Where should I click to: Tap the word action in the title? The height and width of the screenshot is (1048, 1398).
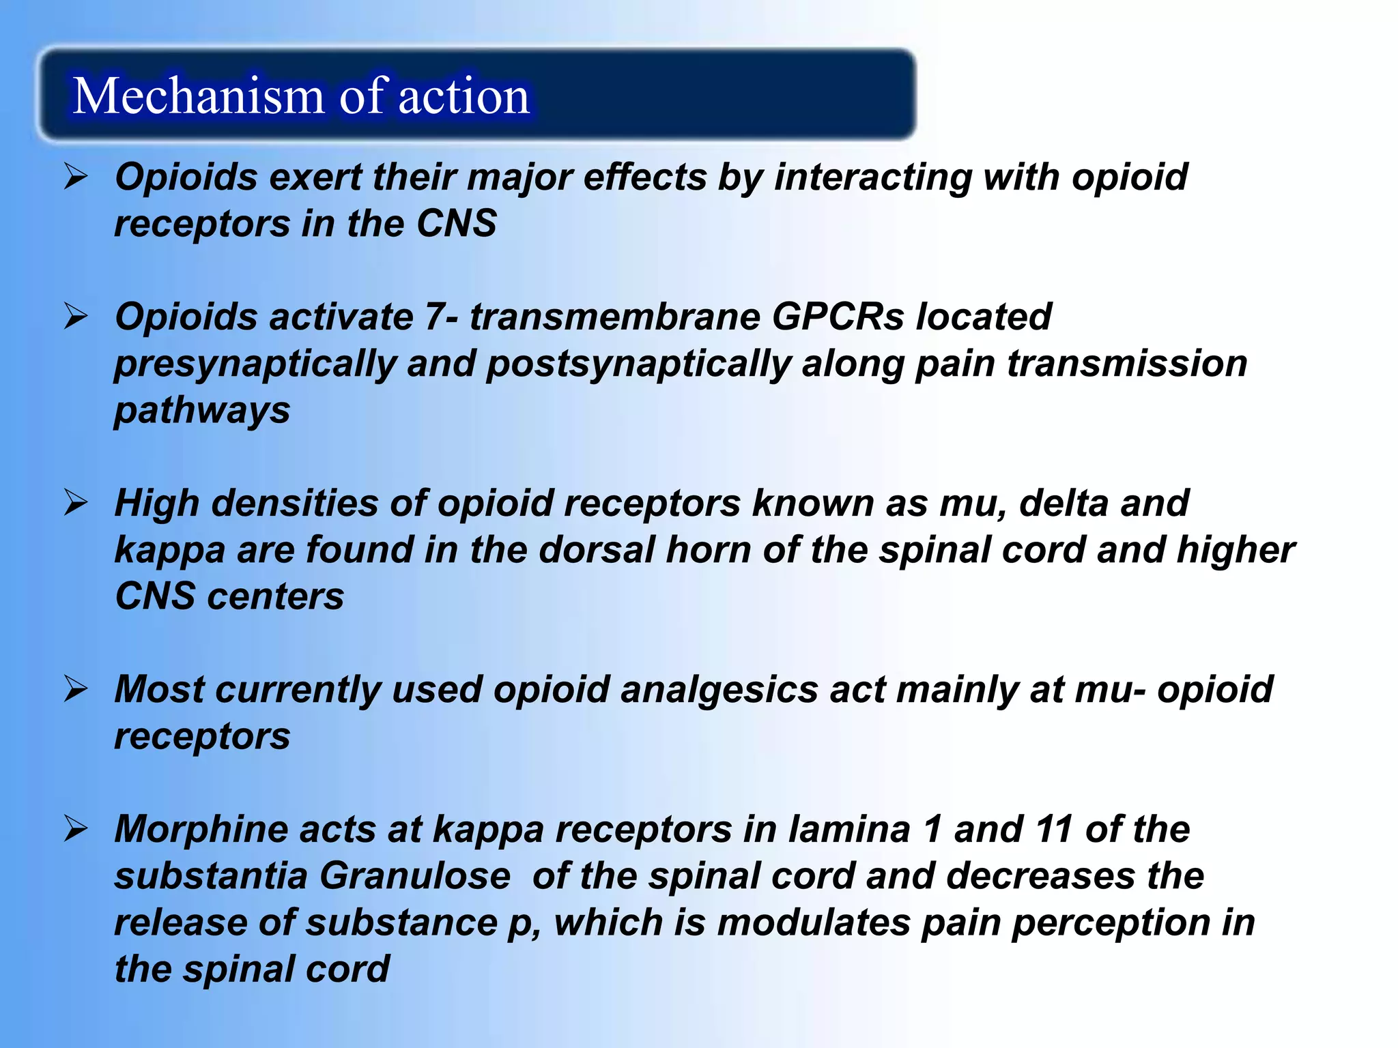pos(463,96)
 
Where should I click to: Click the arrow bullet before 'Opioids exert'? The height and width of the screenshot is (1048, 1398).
pos(76,177)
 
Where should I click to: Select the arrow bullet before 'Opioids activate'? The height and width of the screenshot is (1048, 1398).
pos(76,317)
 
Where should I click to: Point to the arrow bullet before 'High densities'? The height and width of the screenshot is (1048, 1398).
pos(76,503)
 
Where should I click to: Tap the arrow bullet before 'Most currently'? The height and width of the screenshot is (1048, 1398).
pos(76,689)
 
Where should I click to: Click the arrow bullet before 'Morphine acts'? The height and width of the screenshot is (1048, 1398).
pos(76,829)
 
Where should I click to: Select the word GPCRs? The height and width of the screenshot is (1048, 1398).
pos(838,317)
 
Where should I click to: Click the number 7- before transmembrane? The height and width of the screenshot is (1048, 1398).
pos(441,317)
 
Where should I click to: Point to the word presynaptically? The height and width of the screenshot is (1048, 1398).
pos(255,364)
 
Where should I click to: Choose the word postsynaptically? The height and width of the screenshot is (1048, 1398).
pos(638,364)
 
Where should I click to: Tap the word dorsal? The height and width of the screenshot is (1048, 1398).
pos(597,550)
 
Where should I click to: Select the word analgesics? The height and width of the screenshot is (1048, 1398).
pos(719,690)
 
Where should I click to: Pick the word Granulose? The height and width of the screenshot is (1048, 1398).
pos(414,876)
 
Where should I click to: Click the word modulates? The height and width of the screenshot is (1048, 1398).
pos(814,922)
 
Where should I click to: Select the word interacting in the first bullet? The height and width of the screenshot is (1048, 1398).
pos(872,177)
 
